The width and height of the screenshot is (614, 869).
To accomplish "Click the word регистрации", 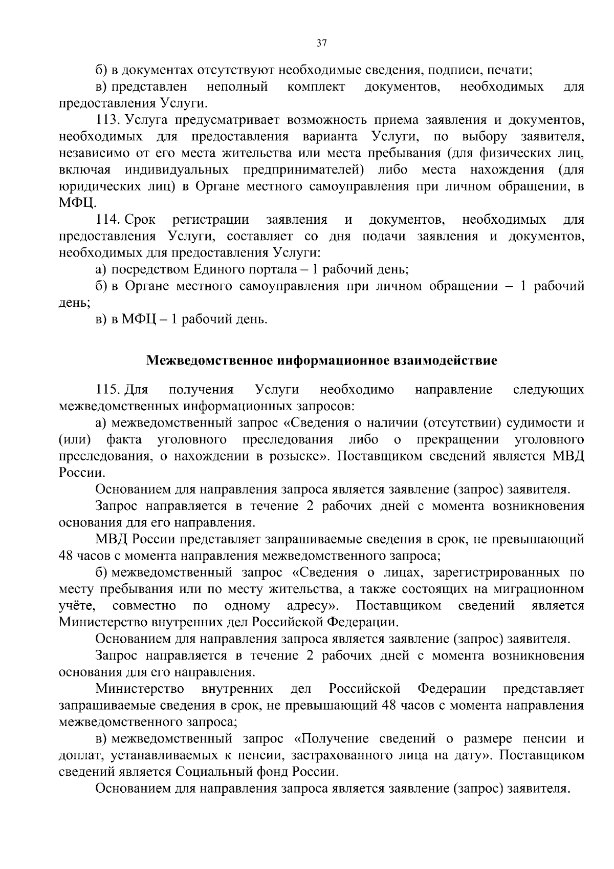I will click(211, 220).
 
